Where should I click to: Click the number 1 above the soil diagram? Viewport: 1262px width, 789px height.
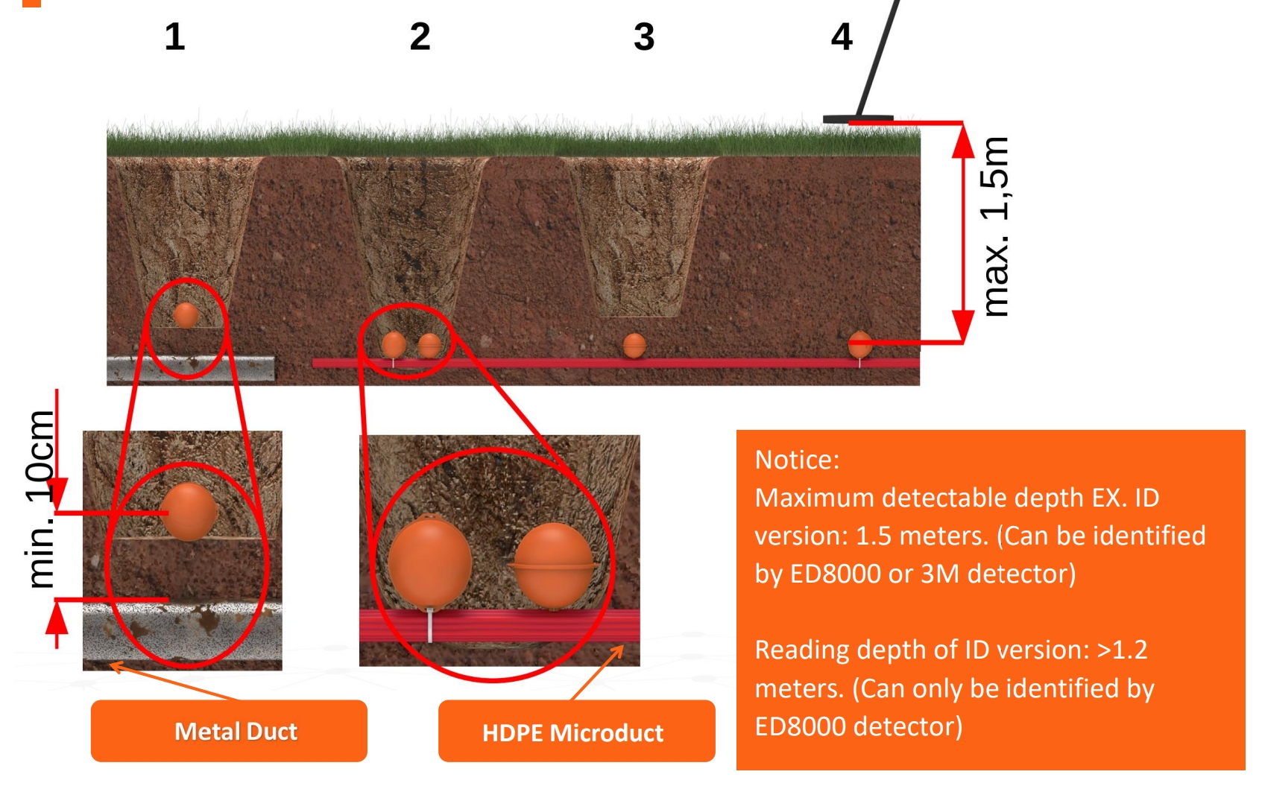pos(174,37)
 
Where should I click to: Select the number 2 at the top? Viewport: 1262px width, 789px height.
pos(420,37)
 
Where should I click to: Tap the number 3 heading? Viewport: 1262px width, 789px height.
pos(644,37)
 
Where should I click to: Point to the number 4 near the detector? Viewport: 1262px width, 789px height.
pos(842,37)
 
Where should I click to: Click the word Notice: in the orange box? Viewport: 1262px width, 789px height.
pos(797,460)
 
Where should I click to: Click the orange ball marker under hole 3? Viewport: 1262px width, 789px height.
pos(634,346)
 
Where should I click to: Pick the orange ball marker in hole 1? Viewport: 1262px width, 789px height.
pos(186,315)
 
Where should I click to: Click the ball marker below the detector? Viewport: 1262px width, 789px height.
pos(859,344)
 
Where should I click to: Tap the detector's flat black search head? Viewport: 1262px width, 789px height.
pos(857,119)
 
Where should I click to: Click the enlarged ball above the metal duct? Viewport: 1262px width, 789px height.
pos(189,511)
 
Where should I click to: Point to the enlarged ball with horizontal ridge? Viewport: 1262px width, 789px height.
pos(553,564)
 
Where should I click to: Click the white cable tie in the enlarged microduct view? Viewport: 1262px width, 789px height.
pos(430,625)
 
